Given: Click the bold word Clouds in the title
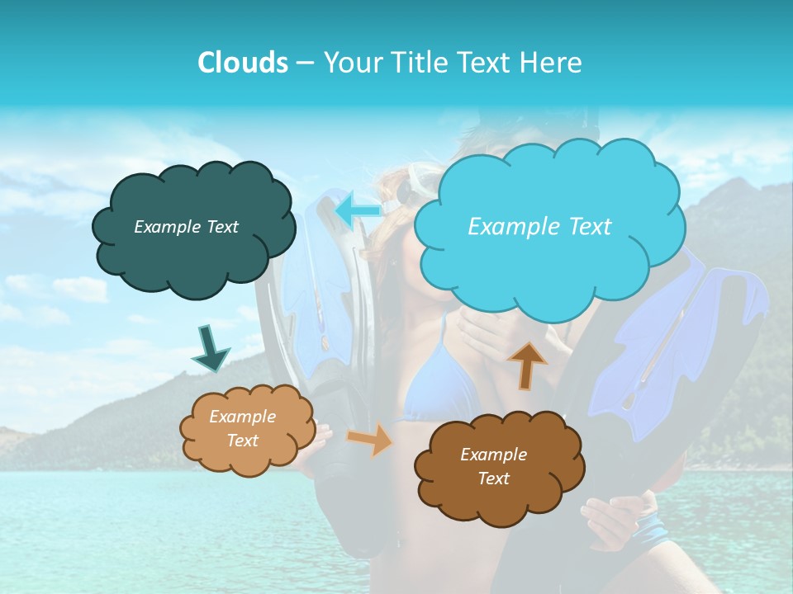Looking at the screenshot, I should click(243, 62).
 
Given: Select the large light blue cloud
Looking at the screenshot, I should click(548, 272).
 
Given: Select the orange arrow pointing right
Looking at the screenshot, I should click(369, 440).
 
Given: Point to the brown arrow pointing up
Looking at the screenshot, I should click(526, 365).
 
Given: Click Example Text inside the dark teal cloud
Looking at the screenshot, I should click(186, 227).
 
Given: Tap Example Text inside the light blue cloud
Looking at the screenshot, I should click(539, 227).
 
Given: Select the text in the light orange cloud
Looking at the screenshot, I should click(242, 428).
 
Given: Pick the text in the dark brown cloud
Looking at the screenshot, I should click(493, 466).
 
